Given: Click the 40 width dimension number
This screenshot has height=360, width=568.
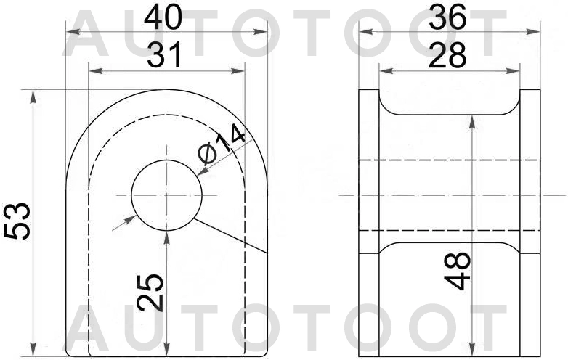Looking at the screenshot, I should (x=163, y=17).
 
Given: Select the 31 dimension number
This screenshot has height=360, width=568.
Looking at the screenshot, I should (x=165, y=55).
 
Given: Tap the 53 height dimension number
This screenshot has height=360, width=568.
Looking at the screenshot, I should (x=17, y=221).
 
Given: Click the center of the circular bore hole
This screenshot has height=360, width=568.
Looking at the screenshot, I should (x=166, y=195).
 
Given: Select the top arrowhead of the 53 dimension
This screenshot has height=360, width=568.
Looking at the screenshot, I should (x=33, y=95).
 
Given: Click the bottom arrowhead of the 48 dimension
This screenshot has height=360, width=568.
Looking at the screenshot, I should (x=474, y=350).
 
